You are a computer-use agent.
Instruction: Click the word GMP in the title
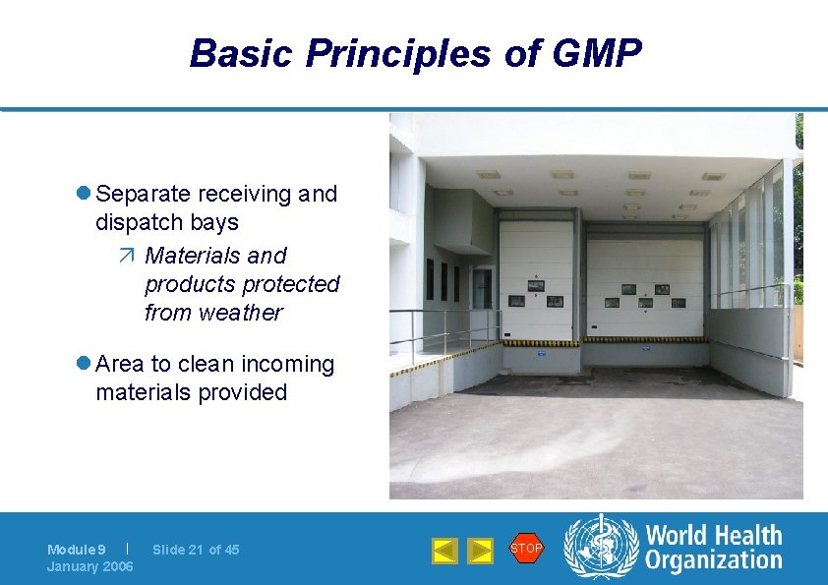pos(598,54)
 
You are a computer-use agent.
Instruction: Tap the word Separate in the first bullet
pos(146,195)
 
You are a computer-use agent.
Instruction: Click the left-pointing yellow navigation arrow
pos(444,551)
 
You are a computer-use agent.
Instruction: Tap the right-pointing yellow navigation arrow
pos(479,551)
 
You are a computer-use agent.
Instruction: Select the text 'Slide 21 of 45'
pos(196,550)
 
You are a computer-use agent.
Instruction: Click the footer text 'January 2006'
pos(90,566)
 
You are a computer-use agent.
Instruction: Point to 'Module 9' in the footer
pos(77,550)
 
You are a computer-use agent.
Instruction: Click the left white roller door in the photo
pos(536,280)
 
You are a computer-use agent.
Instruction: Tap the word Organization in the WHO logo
pos(714,561)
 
